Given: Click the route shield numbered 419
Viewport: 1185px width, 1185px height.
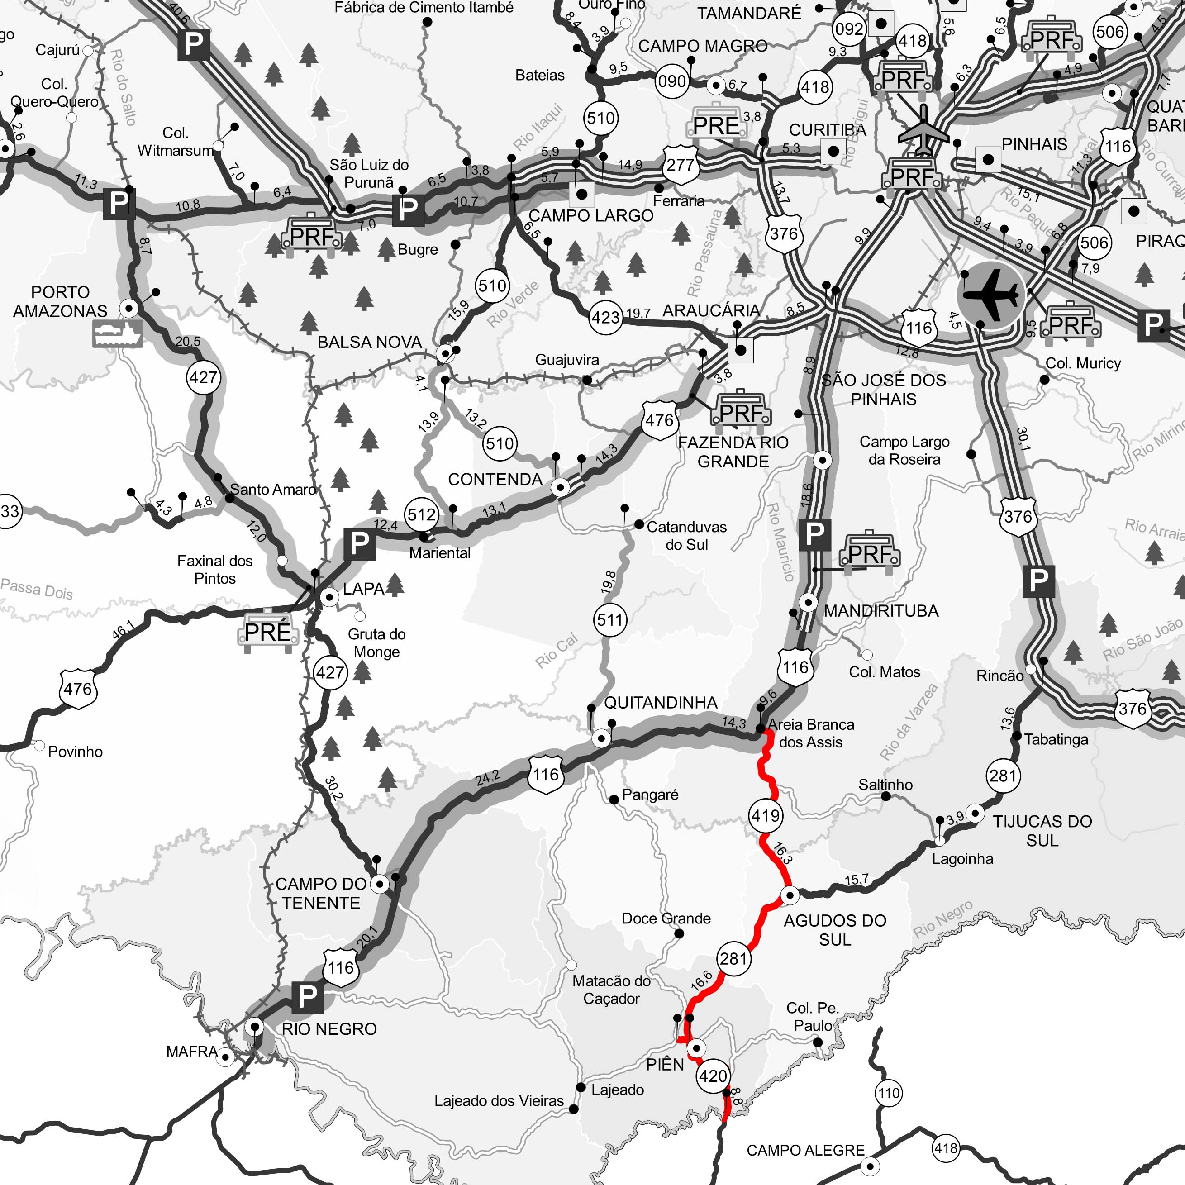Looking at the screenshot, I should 766,816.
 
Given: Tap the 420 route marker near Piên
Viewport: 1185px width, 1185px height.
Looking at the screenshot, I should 713,1076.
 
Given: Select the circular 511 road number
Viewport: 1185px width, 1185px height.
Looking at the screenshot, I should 610,620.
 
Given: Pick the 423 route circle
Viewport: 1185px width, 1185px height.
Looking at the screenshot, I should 605,317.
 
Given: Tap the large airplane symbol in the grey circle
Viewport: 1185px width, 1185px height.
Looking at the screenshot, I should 990,295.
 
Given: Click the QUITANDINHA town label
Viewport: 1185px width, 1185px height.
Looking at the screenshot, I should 661,703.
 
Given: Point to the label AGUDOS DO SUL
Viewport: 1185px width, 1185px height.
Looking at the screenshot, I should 835,930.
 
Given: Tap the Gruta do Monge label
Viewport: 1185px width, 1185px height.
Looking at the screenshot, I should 376,643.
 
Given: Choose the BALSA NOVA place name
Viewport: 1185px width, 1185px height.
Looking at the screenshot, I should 369,342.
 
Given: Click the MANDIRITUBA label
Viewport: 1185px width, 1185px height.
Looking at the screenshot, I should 881,611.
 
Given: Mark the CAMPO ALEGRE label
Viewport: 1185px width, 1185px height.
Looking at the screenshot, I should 805,1150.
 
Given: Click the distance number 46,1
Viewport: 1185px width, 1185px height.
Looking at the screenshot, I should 123,630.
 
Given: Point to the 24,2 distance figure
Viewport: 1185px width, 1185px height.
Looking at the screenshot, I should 488,778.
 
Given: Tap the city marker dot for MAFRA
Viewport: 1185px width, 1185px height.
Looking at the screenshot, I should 226,1057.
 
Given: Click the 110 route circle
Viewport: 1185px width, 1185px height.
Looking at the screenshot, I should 889,1093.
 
